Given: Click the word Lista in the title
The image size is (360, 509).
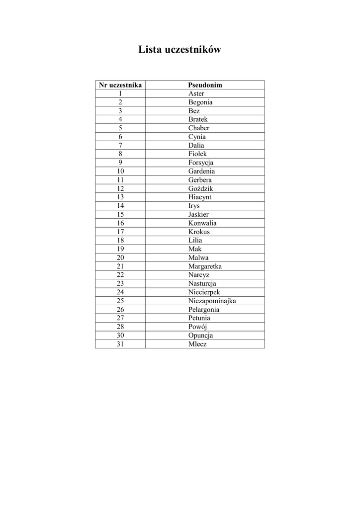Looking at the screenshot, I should (150, 50).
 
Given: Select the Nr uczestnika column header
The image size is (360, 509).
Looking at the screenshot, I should (120, 85).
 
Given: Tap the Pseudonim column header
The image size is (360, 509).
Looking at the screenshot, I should (205, 85).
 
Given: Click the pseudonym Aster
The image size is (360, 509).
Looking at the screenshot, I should (196, 93).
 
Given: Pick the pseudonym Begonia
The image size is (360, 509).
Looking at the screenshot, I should (200, 102).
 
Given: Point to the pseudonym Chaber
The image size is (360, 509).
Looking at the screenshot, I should (198, 128).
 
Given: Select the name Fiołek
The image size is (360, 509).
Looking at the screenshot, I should (197, 154).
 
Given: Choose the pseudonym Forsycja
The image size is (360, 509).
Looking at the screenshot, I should (200, 163).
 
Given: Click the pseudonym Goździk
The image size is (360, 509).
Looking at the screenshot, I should (200, 188).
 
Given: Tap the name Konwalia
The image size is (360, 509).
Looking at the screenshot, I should (202, 223).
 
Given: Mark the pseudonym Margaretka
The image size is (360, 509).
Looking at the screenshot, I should (205, 266).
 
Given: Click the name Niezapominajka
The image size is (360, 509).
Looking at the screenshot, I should (212, 301).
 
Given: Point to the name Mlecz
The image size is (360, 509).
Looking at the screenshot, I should (197, 344).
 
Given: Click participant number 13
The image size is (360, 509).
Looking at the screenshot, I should (120, 197).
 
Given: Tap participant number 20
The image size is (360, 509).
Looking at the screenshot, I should (120, 257).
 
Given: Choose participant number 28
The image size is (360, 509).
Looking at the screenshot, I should (120, 327).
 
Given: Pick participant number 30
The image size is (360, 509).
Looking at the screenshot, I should (120, 336).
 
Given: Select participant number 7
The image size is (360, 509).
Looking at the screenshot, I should (120, 145).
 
